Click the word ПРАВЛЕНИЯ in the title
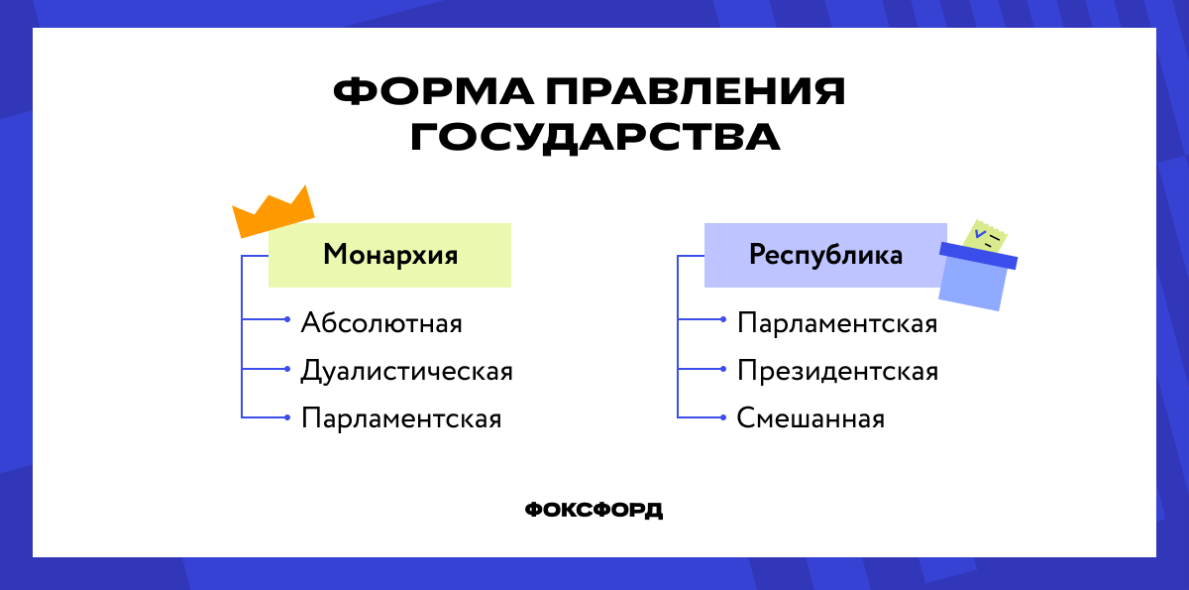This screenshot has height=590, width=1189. [693, 92]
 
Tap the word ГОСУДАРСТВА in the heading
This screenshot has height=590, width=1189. [594, 138]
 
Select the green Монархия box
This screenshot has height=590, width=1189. [390, 256]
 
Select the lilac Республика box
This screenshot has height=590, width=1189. [824, 256]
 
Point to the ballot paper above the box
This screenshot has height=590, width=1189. [986, 236]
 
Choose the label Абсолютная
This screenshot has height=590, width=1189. [381, 323]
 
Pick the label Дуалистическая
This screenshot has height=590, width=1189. [406, 372]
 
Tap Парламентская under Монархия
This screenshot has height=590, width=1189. [401, 418]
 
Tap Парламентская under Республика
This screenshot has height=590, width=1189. [837, 323]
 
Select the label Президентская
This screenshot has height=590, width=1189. [837, 372]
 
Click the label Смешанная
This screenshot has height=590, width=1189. [811, 418]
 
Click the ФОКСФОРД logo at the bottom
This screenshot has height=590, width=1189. [594, 510]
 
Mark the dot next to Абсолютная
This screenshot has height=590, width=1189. [286, 320]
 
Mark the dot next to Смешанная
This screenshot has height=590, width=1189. [722, 416]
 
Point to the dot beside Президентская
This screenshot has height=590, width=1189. [722, 369]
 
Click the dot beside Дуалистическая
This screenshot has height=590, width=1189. [286, 369]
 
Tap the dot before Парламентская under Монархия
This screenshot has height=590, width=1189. [286, 416]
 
